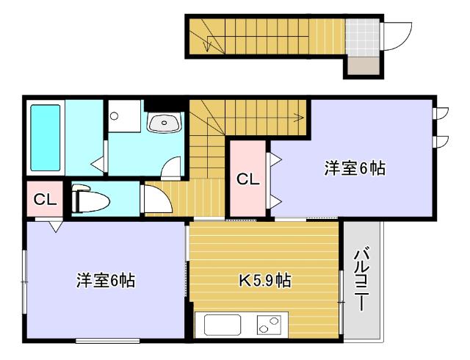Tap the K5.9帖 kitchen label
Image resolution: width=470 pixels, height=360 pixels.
[x=264, y=281]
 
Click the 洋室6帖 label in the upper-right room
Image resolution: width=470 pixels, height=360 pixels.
[x=355, y=168]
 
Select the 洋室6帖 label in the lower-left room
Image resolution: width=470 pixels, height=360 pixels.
[x=107, y=281]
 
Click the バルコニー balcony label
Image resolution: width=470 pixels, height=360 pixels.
[x=361, y=280]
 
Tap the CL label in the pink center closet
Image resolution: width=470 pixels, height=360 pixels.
[x=247, y=179]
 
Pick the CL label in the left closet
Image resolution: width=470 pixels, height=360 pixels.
[x=45, y=200]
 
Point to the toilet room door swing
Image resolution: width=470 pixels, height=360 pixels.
[x=155, y=199]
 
